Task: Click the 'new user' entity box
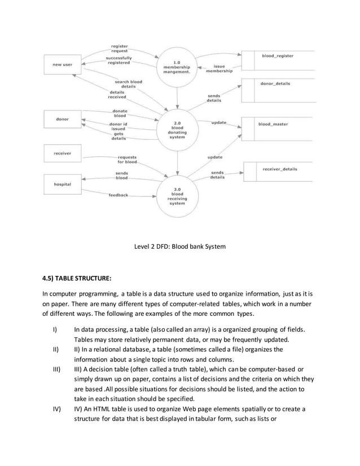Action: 63,65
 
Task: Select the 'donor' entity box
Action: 63,120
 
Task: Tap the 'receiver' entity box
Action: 63,153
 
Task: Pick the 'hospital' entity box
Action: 63,184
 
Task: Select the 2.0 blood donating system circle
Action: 177,129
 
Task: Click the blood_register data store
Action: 277,56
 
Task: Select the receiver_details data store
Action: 279,169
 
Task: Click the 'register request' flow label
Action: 119,49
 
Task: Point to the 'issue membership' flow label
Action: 218,69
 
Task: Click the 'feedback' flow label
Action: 118,195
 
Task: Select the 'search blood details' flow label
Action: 128,84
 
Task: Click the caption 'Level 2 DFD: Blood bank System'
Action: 180,246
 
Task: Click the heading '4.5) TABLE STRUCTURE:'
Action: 77,278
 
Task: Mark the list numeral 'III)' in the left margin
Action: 56,369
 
